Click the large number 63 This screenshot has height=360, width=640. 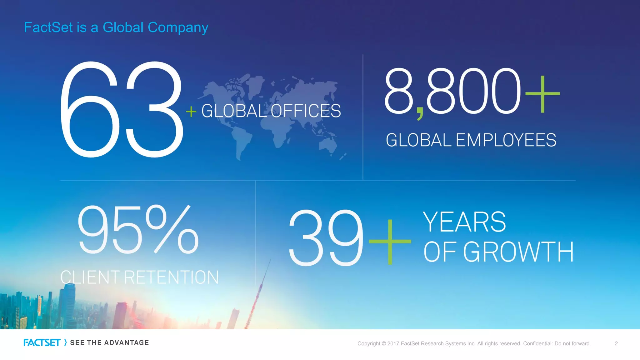click(121, 109)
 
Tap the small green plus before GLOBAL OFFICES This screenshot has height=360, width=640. click(191, 112)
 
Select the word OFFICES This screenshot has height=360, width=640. click(306, 111)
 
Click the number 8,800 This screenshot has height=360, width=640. click(452, 91)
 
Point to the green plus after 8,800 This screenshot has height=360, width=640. click(542, 94)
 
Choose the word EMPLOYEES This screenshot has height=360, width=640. click(506, 140)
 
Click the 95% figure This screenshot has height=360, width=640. click(138, 230)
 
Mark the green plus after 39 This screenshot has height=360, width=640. click(390, 242)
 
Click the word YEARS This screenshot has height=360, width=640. click(464, 222)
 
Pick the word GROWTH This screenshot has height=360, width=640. click(518, 252)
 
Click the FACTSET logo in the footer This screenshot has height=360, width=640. click(42, 343)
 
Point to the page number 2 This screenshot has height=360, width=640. click(616, 343)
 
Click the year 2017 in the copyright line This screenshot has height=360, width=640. click(393, 344)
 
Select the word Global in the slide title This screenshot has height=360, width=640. click(123, 27)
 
